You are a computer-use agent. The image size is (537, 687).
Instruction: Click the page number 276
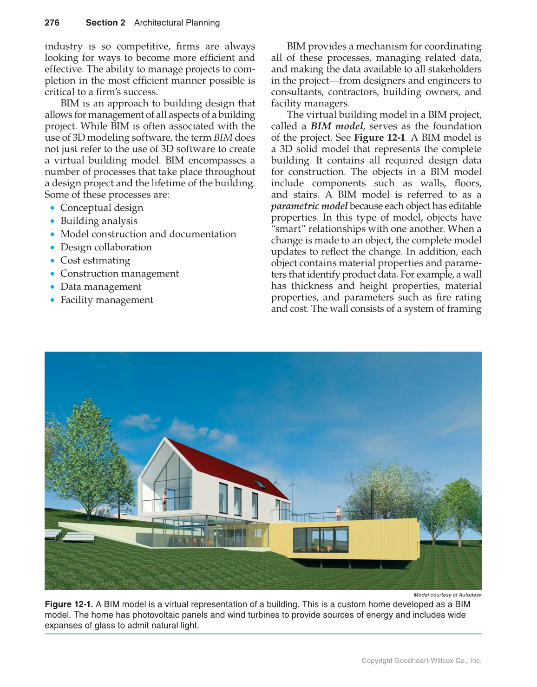tap(52, 23)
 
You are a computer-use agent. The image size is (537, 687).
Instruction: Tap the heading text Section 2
tap(105, 23)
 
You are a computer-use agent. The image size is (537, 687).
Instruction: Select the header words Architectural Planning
tap(177, 23)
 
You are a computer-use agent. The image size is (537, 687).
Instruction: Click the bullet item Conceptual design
tap(102, 208)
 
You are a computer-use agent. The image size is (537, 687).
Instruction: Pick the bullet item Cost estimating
tap(95, 260)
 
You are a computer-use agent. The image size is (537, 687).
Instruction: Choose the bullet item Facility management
tap(107, 300)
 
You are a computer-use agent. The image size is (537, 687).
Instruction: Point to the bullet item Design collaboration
tap(106, 247)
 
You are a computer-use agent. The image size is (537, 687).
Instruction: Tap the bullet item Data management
tap(101, 287)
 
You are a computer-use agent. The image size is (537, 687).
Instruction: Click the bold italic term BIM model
tap(337, 126)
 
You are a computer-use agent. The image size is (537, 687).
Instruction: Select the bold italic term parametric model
tap(309, 206)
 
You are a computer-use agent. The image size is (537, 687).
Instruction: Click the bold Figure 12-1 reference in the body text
tap(380, 137)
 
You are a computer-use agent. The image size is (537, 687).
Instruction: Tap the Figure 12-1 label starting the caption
tap(69, 604)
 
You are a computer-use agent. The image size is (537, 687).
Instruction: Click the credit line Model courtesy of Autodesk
tap(447, 595)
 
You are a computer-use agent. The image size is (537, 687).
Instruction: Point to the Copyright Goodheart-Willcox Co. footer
tap(421, 661)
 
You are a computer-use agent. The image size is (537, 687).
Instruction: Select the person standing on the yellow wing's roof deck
tap(339, 512)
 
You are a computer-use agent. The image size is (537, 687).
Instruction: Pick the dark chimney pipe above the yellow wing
tap(371, 503)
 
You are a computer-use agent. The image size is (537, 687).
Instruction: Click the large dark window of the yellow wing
tap(321, 540)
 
